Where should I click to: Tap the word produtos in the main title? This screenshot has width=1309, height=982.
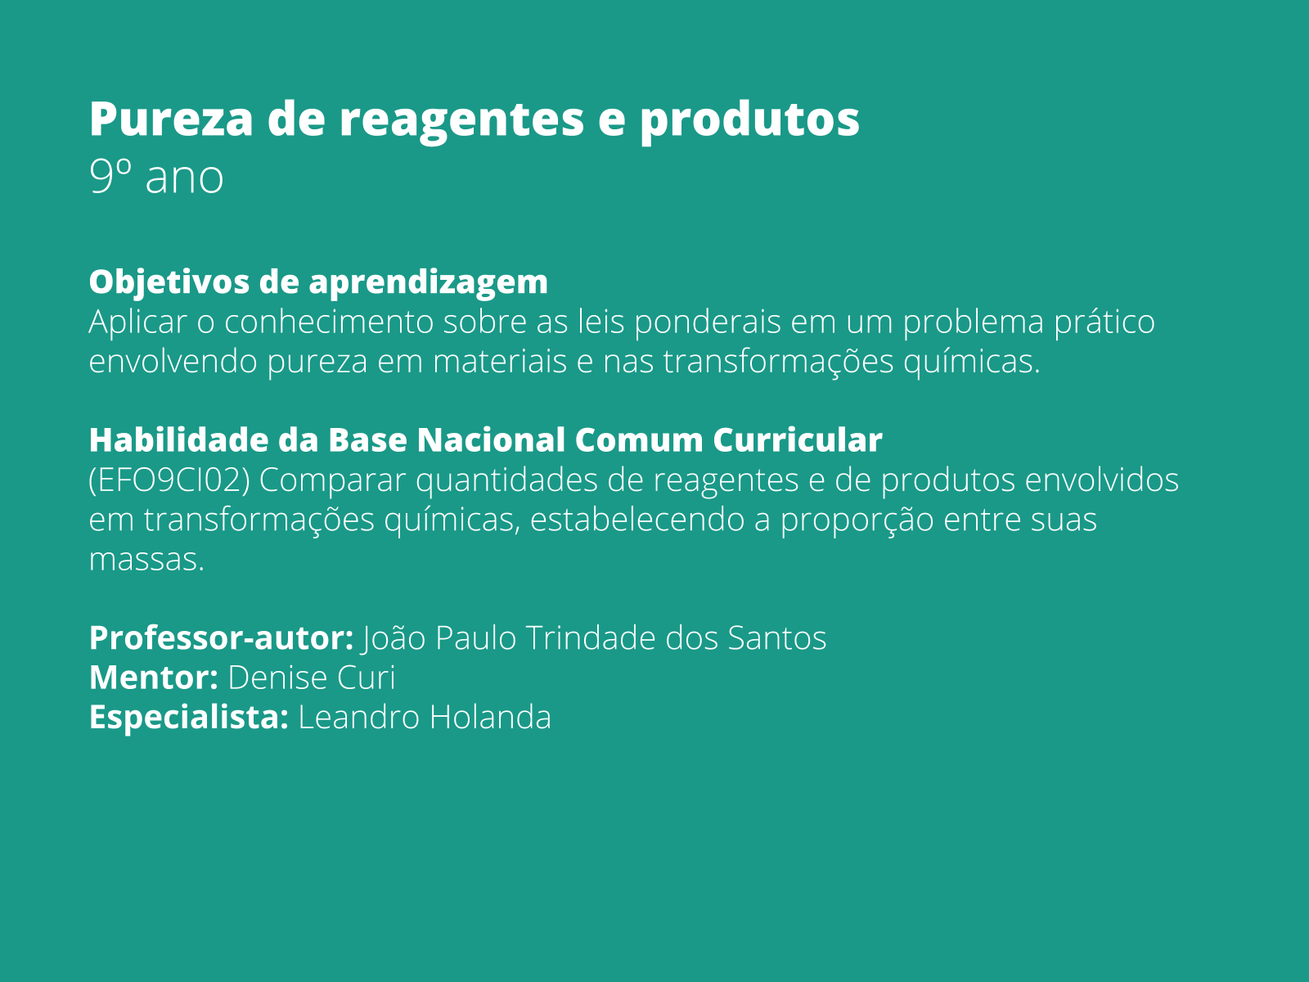749,119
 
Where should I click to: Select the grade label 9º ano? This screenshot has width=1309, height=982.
155,177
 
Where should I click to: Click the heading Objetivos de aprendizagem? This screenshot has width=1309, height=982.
318,282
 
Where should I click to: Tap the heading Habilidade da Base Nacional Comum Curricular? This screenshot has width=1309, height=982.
485,440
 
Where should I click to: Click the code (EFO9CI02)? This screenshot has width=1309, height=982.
169,480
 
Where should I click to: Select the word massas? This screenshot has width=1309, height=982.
146,560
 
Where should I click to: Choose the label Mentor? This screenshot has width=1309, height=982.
153,678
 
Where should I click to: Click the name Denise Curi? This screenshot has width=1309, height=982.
311,678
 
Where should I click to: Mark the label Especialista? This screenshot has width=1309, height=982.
188,718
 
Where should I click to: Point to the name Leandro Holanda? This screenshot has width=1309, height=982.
424,718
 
